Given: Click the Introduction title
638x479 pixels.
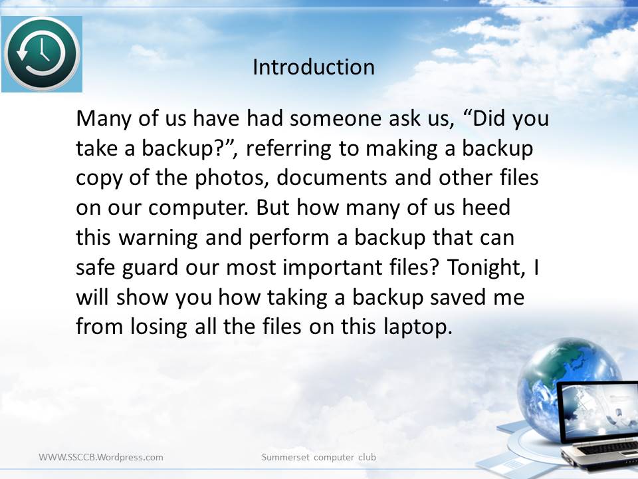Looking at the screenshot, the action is click(313, 67).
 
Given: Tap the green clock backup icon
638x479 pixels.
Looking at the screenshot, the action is click(42, 54).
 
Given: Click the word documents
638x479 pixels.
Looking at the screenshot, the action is click(332, 178).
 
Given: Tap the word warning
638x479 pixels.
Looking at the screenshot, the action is click(158, 238).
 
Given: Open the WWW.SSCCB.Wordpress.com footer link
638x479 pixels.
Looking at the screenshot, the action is click(101, 457).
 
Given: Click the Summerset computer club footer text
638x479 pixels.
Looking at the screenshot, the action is click(318, 457).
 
